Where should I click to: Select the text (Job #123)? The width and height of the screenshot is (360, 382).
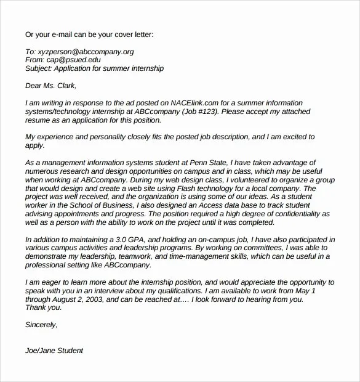pyautogui.click(x=199, y=112)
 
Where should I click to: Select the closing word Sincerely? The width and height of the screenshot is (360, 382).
pyautogui.click(x=41, y=325)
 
